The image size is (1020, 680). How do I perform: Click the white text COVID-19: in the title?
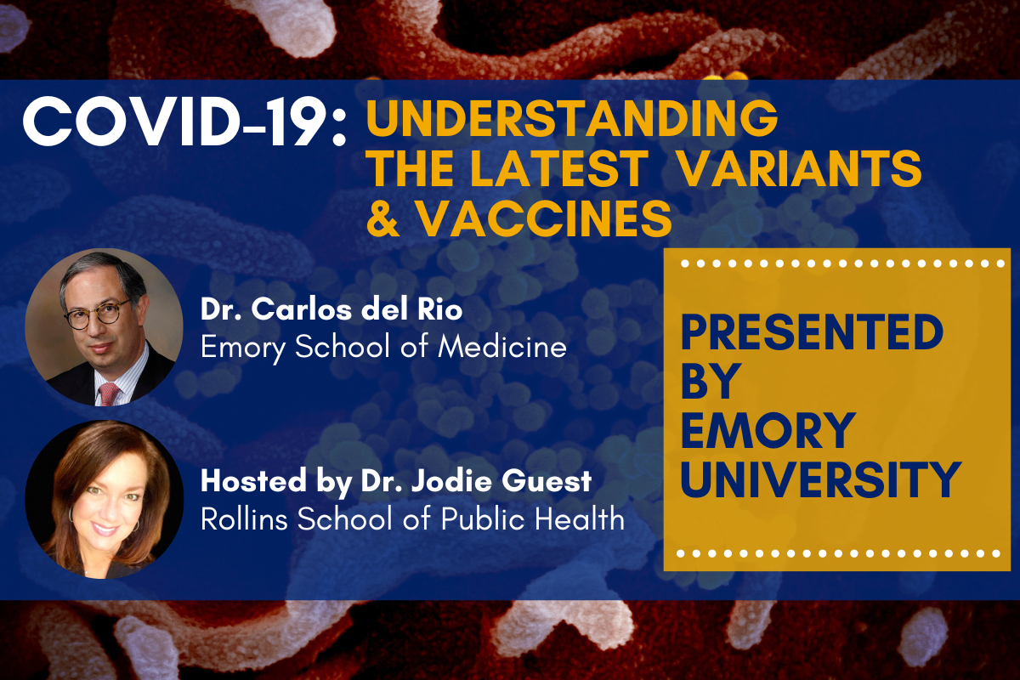pyautogui.click(x=184, y=122)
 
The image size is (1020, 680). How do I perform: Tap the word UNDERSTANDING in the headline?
pyautogui.click(x=572, y=117)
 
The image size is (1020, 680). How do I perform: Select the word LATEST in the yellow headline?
pyautogui.click(x=559, y=167)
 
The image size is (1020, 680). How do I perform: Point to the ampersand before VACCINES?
pyautogui.click(x=383, y=218)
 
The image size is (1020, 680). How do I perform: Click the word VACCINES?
pyautogui.click(x=545, y=218)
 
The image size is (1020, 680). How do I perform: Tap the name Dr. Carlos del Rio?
pyautogui.click(x=331, y=309)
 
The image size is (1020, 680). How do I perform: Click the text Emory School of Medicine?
pyautogui.click(x=383, y=348)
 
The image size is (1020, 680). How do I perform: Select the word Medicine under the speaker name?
pyautogui.click(x=501, y=347)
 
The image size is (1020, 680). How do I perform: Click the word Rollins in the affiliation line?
pyautogui.click(x=244, y=518)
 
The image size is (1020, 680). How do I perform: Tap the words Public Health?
pyautogui.click(x=533, y=518)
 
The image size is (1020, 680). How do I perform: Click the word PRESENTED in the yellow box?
pyautogui.click(x=812, y=332)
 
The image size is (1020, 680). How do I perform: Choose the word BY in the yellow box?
pyautogui.click(x=709, y=381)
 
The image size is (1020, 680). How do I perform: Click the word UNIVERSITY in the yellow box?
pyautogui.click(x=821, y=479)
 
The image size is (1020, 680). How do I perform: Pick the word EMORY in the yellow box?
pyautogui.click(x=768, y=430)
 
